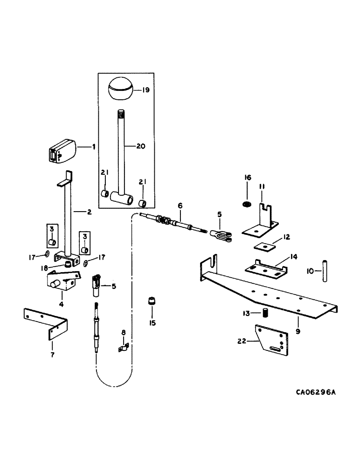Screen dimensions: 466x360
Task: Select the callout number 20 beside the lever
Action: (141, 146)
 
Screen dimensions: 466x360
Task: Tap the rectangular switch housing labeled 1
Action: (62, 152)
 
